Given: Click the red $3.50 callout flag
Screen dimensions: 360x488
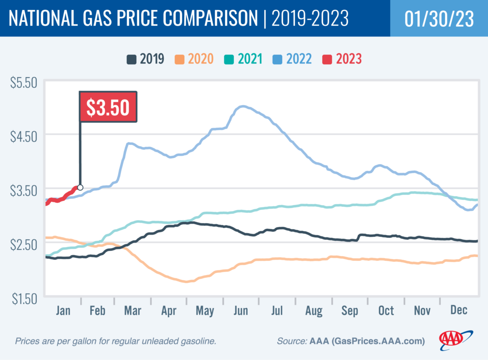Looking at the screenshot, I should point(108,107).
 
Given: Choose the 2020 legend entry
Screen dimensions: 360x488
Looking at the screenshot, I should point(202,59).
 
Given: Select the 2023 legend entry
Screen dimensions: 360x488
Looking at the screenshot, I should point(343,59).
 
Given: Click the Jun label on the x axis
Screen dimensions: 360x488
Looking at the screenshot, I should point(241,310).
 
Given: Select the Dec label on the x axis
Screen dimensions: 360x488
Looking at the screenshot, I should point(458,310).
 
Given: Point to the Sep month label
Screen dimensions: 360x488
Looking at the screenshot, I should point(349,310).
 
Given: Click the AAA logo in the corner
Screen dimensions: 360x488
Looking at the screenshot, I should point(456,339).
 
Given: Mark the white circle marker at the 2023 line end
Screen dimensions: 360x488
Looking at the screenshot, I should point(80,187).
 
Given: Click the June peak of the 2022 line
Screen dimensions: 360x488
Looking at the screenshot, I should point(243,106).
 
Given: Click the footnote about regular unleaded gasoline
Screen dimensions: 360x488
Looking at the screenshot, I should point(116,341).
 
